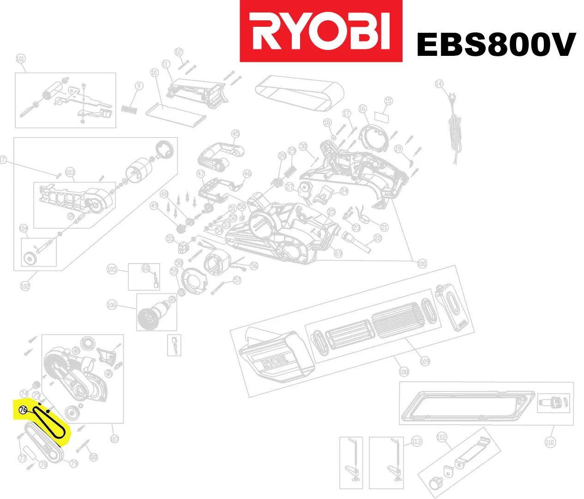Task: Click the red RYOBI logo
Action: [x=320, y=31]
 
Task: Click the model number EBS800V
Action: [x=496, y=45]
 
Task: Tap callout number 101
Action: [x=20, y=59]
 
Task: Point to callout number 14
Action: [x=439, y=84]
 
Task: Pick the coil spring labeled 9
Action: [x=130, y=109]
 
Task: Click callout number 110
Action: [x=549, y=442]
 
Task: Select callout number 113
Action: [x=416, y=442]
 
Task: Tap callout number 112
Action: [x=442, y=437]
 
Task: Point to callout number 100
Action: [x=422, y=264]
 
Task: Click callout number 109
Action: [x=425, y=361]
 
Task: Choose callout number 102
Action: [x=25, y=286]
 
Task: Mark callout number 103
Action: [x=70, y=173]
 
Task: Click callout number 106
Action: [x=112, y=305]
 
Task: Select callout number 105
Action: [x=112, y=269]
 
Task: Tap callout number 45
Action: [x=235, y=134]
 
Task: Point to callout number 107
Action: [x=114, y=439]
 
